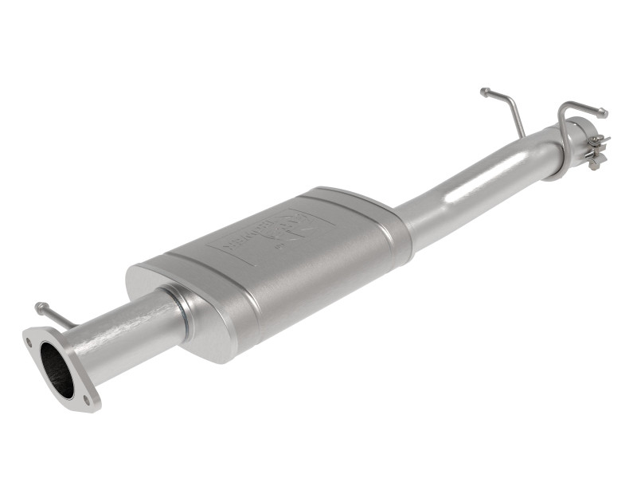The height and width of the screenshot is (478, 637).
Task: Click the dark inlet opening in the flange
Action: [56, 369]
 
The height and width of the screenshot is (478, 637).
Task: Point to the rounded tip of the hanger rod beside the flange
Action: [38, 306]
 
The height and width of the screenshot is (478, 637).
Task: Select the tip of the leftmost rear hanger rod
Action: [484, 92]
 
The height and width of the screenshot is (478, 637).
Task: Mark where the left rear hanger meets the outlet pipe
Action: [522, 135]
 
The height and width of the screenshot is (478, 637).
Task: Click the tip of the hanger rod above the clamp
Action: [603, 112]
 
